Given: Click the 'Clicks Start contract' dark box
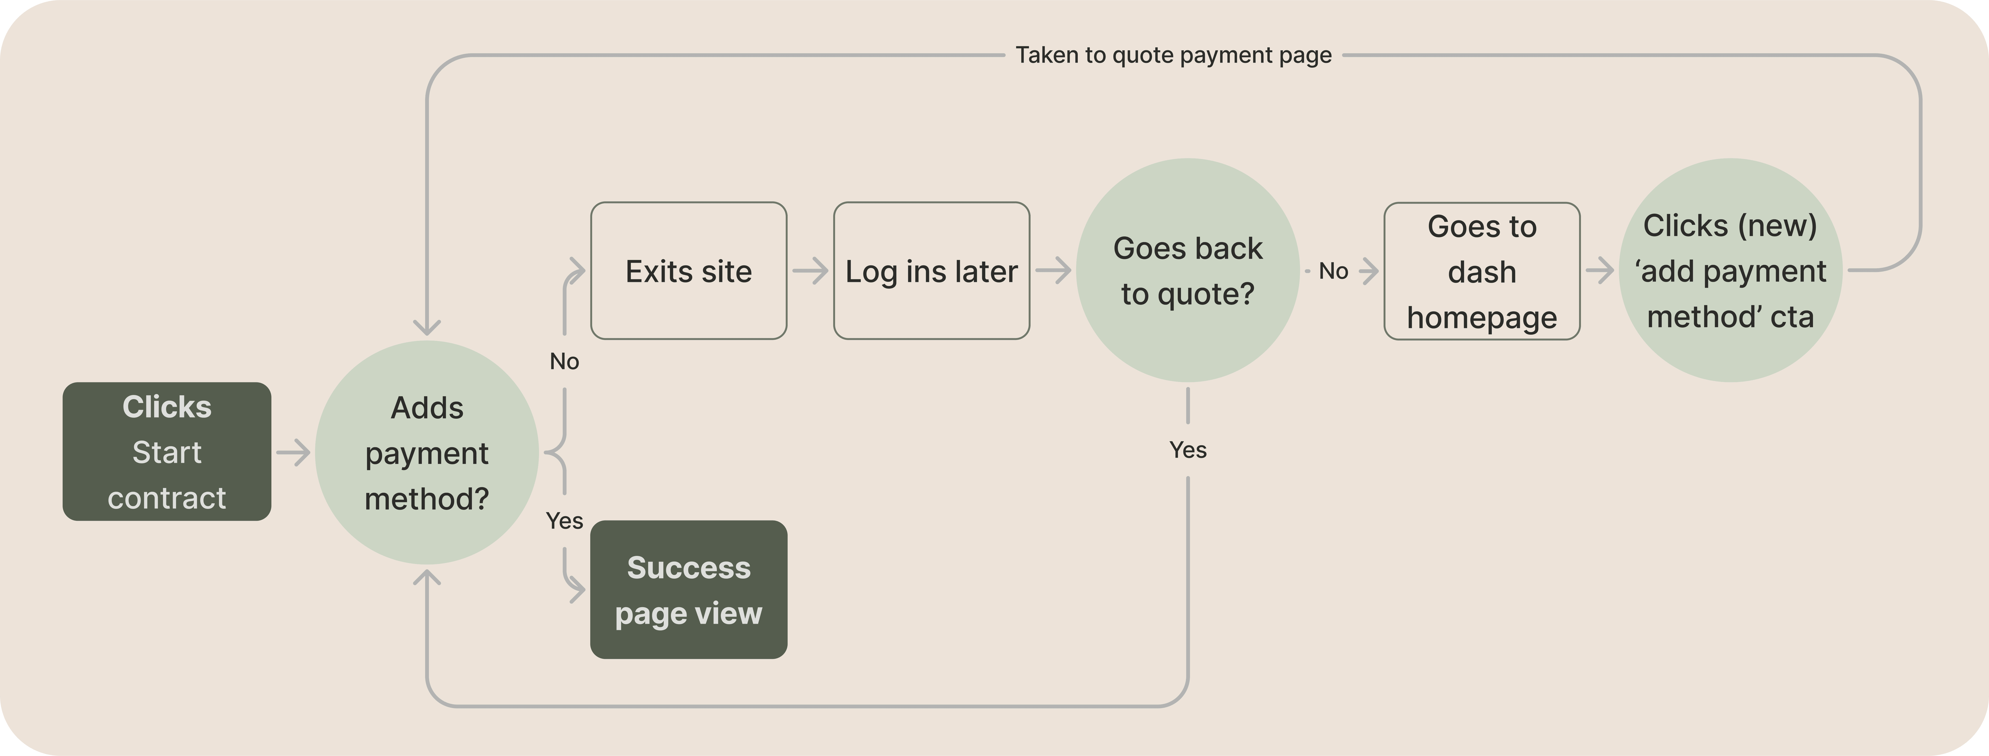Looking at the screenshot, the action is (167, 452).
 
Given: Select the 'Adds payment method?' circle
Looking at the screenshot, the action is (427, 452).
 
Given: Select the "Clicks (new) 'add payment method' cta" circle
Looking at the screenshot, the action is (1730, 270).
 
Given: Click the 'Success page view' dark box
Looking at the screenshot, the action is (689, 590).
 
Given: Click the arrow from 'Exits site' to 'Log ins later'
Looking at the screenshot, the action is (810, 271).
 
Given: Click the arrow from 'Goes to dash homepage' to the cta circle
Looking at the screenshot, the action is (1600, 270).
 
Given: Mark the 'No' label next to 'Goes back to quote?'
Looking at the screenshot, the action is (1334, 271).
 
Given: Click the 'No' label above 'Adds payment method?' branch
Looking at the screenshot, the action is (564, 362).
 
